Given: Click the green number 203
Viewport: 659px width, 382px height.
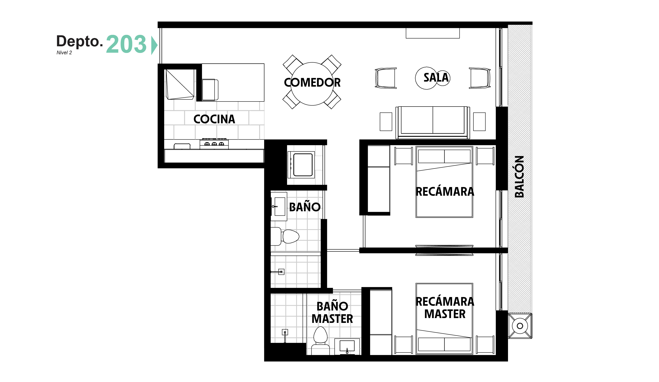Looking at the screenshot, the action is pyautogui.click(x=126, y=44).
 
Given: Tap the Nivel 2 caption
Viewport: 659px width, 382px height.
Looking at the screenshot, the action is pyautogui.click(x=64, y=52).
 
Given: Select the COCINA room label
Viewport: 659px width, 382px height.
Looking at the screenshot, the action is pyautogui.click(x=214, y=119).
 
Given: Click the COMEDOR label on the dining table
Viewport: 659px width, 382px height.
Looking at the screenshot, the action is pyautogui.click(x=312, y=83).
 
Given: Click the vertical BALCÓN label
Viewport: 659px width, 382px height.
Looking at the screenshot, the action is pyautogui.click(x=519, y=176).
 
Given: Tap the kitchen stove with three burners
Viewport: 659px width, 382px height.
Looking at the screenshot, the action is pyautogui.click(x=214, y=144).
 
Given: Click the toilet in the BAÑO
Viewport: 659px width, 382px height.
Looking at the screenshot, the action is pyautogui.click(x=285, y=236).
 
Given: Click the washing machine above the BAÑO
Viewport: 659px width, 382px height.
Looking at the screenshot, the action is pyautogui.click(x=301, y=165).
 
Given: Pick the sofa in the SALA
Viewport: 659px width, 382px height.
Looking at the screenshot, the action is pyautogui.click(x=433, y=122).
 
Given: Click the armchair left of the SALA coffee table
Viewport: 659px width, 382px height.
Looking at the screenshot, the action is pyautogui.click(x=386, y=78).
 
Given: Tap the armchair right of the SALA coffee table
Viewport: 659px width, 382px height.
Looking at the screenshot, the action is pyautogui.click(x=480, y=78).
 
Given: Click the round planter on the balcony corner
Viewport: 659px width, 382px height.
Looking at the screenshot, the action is pyautogui.click(x=520, y=326).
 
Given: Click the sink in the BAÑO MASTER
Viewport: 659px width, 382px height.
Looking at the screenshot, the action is pyautogui.click(x=347, y=346).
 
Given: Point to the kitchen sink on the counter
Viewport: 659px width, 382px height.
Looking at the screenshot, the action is pyautogui.click(x=182, y=146).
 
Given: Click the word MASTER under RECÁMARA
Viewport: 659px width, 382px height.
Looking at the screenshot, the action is pyautogui.click(x=445, y=314).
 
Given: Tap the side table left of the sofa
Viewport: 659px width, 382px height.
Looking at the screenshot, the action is pyautogui.click(x=386, y=122).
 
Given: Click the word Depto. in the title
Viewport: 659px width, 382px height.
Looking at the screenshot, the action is pyautogui.click(x=80, y=41).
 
